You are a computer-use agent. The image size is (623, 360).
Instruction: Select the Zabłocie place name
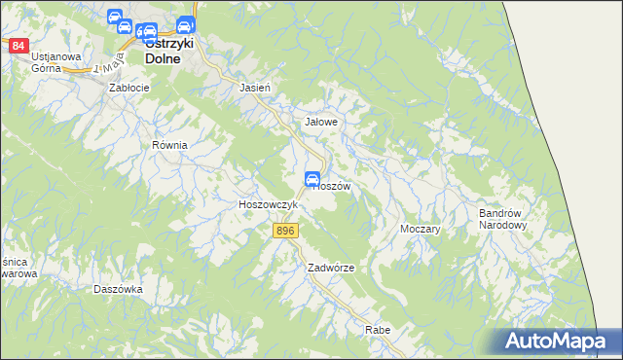click(x=129, y=88)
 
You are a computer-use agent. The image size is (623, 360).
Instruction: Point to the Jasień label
click(x=254, y=88)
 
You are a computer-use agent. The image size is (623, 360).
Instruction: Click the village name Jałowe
click(x=321, y=123)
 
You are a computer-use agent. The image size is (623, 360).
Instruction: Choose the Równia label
click(x=168, y=145)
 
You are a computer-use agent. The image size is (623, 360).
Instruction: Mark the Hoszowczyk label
click(x=268, y=205)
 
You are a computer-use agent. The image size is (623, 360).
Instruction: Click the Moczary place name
click(x=421, y=230)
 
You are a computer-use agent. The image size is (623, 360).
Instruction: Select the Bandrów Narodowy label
click(x=502, y=219)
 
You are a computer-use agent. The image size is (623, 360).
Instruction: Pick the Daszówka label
click(x=119, y=289)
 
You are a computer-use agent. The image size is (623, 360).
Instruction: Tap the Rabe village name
click(x=378, y=331)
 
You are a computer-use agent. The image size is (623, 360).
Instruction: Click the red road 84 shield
click(x=18, y=46)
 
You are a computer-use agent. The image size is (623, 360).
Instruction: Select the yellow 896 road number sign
click(x=284, y=231)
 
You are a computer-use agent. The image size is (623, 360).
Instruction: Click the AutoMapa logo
click(x=558, y=341)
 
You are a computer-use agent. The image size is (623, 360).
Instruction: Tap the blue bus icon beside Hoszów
click(x=312, y=178)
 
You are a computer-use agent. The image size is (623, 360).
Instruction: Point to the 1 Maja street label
click(x=106, y=69)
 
